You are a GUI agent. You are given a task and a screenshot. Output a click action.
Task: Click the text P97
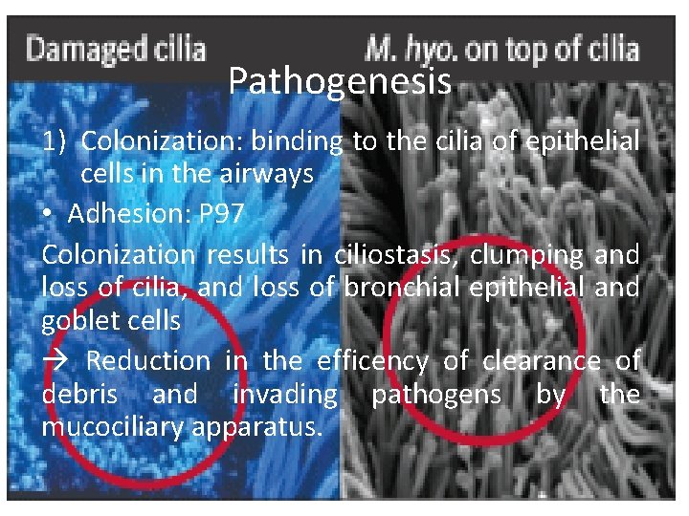click(x=222, y=215)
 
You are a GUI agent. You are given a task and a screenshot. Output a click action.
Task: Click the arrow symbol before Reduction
click(x=54, y=361)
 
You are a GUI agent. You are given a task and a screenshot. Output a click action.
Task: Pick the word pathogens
click(x=436, y=394)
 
